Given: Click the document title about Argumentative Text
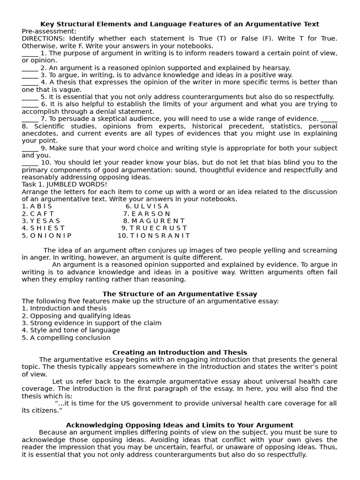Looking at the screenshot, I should coord(180,24).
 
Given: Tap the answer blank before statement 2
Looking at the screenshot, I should coord(30,68).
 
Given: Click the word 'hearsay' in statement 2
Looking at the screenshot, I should coord(276,68).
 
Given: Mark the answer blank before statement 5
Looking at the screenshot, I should coord(30,97).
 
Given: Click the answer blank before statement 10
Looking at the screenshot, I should coord(30,163).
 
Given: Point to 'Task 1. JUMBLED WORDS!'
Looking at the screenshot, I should coord(64,184).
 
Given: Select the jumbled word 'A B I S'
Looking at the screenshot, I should coord(41,206).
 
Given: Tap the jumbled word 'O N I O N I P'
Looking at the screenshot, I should coord(51,236).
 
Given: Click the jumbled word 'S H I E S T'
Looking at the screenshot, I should coord(47,228).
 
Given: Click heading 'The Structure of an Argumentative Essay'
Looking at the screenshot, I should coord(180,294).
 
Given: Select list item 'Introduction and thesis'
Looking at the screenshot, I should coord(68,308).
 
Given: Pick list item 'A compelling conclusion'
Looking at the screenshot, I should coord(70,337).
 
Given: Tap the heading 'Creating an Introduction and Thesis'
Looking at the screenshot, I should coord(180,352).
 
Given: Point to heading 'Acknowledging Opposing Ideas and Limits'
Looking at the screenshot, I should coord(180,425).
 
